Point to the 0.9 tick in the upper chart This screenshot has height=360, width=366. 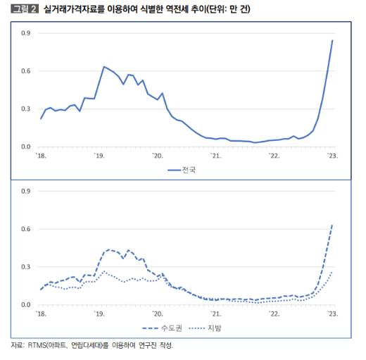point(25,33)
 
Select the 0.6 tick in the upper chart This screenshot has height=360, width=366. point(25,71)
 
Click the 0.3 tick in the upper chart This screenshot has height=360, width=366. point(25,109)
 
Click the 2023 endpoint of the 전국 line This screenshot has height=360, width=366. point(332,40)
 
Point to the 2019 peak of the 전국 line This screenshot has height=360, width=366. point(104,66)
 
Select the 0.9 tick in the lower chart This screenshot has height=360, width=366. point(25,192)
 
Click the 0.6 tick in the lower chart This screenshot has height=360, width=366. point(25,230)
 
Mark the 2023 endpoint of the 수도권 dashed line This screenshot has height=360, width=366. point(332,225)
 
